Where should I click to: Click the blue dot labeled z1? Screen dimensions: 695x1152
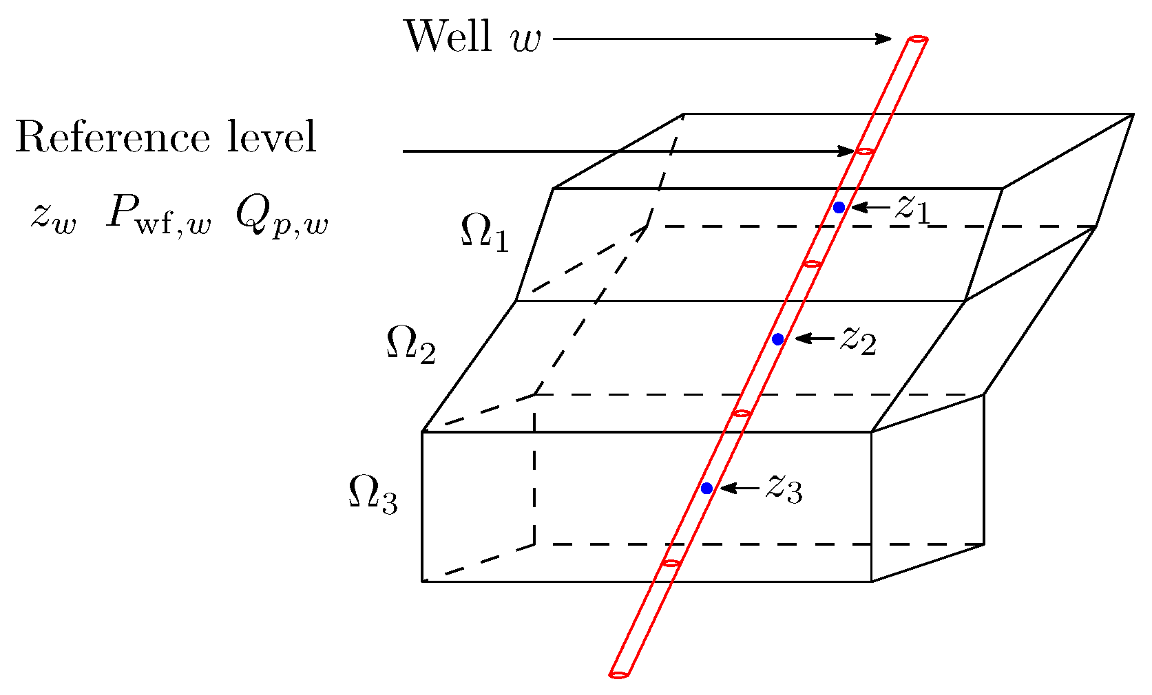pyautogui.click(x=839, y=207)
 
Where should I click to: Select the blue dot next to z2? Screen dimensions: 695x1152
pyautogui.click(x=778, y=339)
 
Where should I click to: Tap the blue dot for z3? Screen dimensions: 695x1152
pyautogui.click(x=706, y=488)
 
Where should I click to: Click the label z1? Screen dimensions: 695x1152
pyautogui.click(x=912, y=208)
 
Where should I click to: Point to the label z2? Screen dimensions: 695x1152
pyautogui.click(x=857, y=339)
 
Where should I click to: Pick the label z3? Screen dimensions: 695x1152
pyautogui.click(x=784, y=489)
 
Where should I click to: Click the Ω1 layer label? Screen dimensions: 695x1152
pyautogui.click(x=484, y=233)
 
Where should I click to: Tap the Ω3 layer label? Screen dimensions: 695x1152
pyautogui.click(x=373, y=494)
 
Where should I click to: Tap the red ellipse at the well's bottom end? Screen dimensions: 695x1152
pyautogui.click(x=618, y=674)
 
